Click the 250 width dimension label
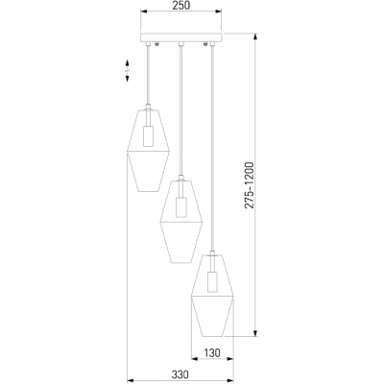click(181, 5)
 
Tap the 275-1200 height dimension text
click(249, 185)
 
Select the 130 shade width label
click(212, 353)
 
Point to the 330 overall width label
click(180, 374)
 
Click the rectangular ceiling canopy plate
click(181, 37)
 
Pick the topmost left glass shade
click(148, 151)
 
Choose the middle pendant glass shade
click(181, 222)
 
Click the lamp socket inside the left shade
click(148, 136)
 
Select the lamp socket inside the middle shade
click(180, 207)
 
